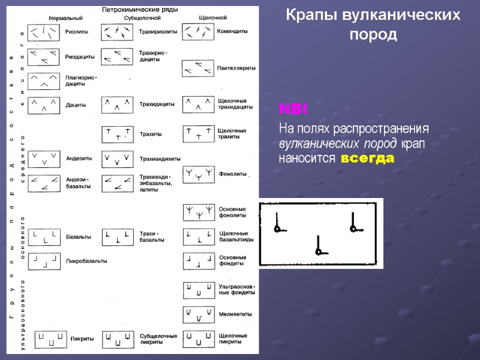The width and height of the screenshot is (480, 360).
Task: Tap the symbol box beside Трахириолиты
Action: click(x=117, y=31)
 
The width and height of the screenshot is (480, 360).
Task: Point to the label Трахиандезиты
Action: click(x=160, y=159)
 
